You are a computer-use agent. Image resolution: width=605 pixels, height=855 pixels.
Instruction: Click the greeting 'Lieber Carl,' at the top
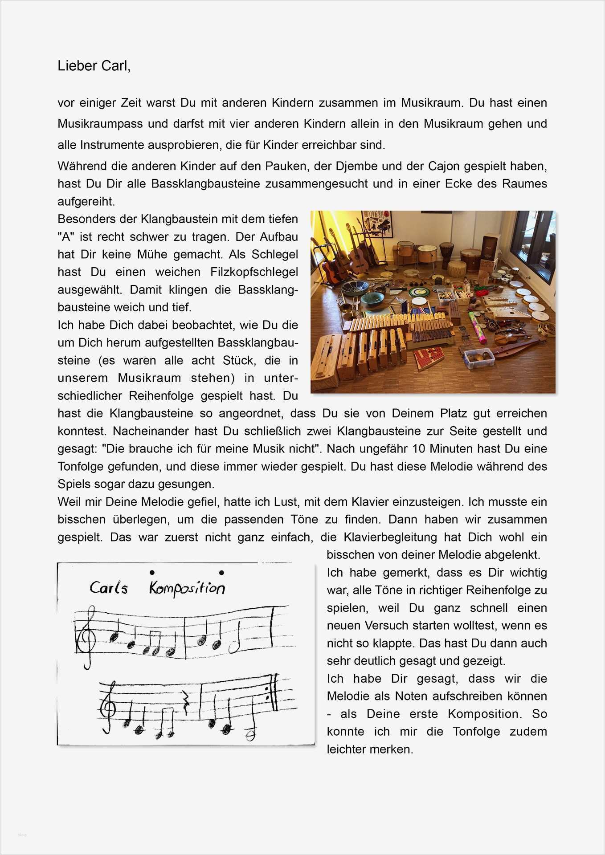[x=94, y=66]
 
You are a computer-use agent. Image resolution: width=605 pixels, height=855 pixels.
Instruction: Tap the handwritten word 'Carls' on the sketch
[x=109, y=589]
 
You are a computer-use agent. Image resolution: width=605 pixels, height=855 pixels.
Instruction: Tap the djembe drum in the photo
[x=446, y=254]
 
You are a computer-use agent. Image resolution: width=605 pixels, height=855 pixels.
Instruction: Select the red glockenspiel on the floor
[x=429, y=356]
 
